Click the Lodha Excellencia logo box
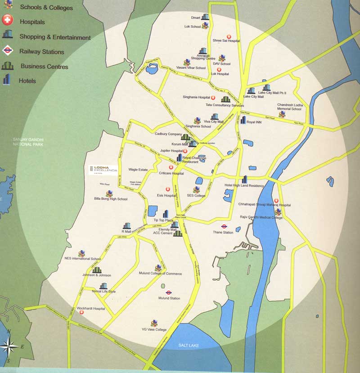tap(103, 170)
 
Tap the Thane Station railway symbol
tap(224, 226)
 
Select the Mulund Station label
tap(169, 298)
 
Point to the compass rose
tap(9, 347)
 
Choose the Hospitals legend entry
tap(32, 22)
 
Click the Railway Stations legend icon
tap(7, 50)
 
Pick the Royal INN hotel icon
tap(243, 120)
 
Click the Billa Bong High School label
tap(111, 198)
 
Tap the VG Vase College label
tap(154, 329)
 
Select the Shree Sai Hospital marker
tap(228, 36)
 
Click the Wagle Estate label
tap(138, 170)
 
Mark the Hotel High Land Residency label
tap(244, 185)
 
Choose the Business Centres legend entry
tap(44, 66)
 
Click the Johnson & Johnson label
tap(96, 275)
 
